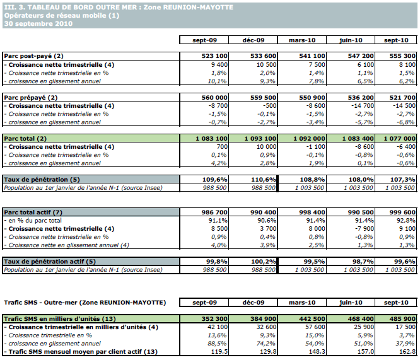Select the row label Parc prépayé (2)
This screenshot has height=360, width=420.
[x=31, y=97]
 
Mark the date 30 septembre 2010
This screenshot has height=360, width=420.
[x=38, y=23]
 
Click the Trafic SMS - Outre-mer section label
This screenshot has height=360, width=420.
[x=85, y=303]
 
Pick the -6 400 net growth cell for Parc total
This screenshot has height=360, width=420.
[x=404, y=146]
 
